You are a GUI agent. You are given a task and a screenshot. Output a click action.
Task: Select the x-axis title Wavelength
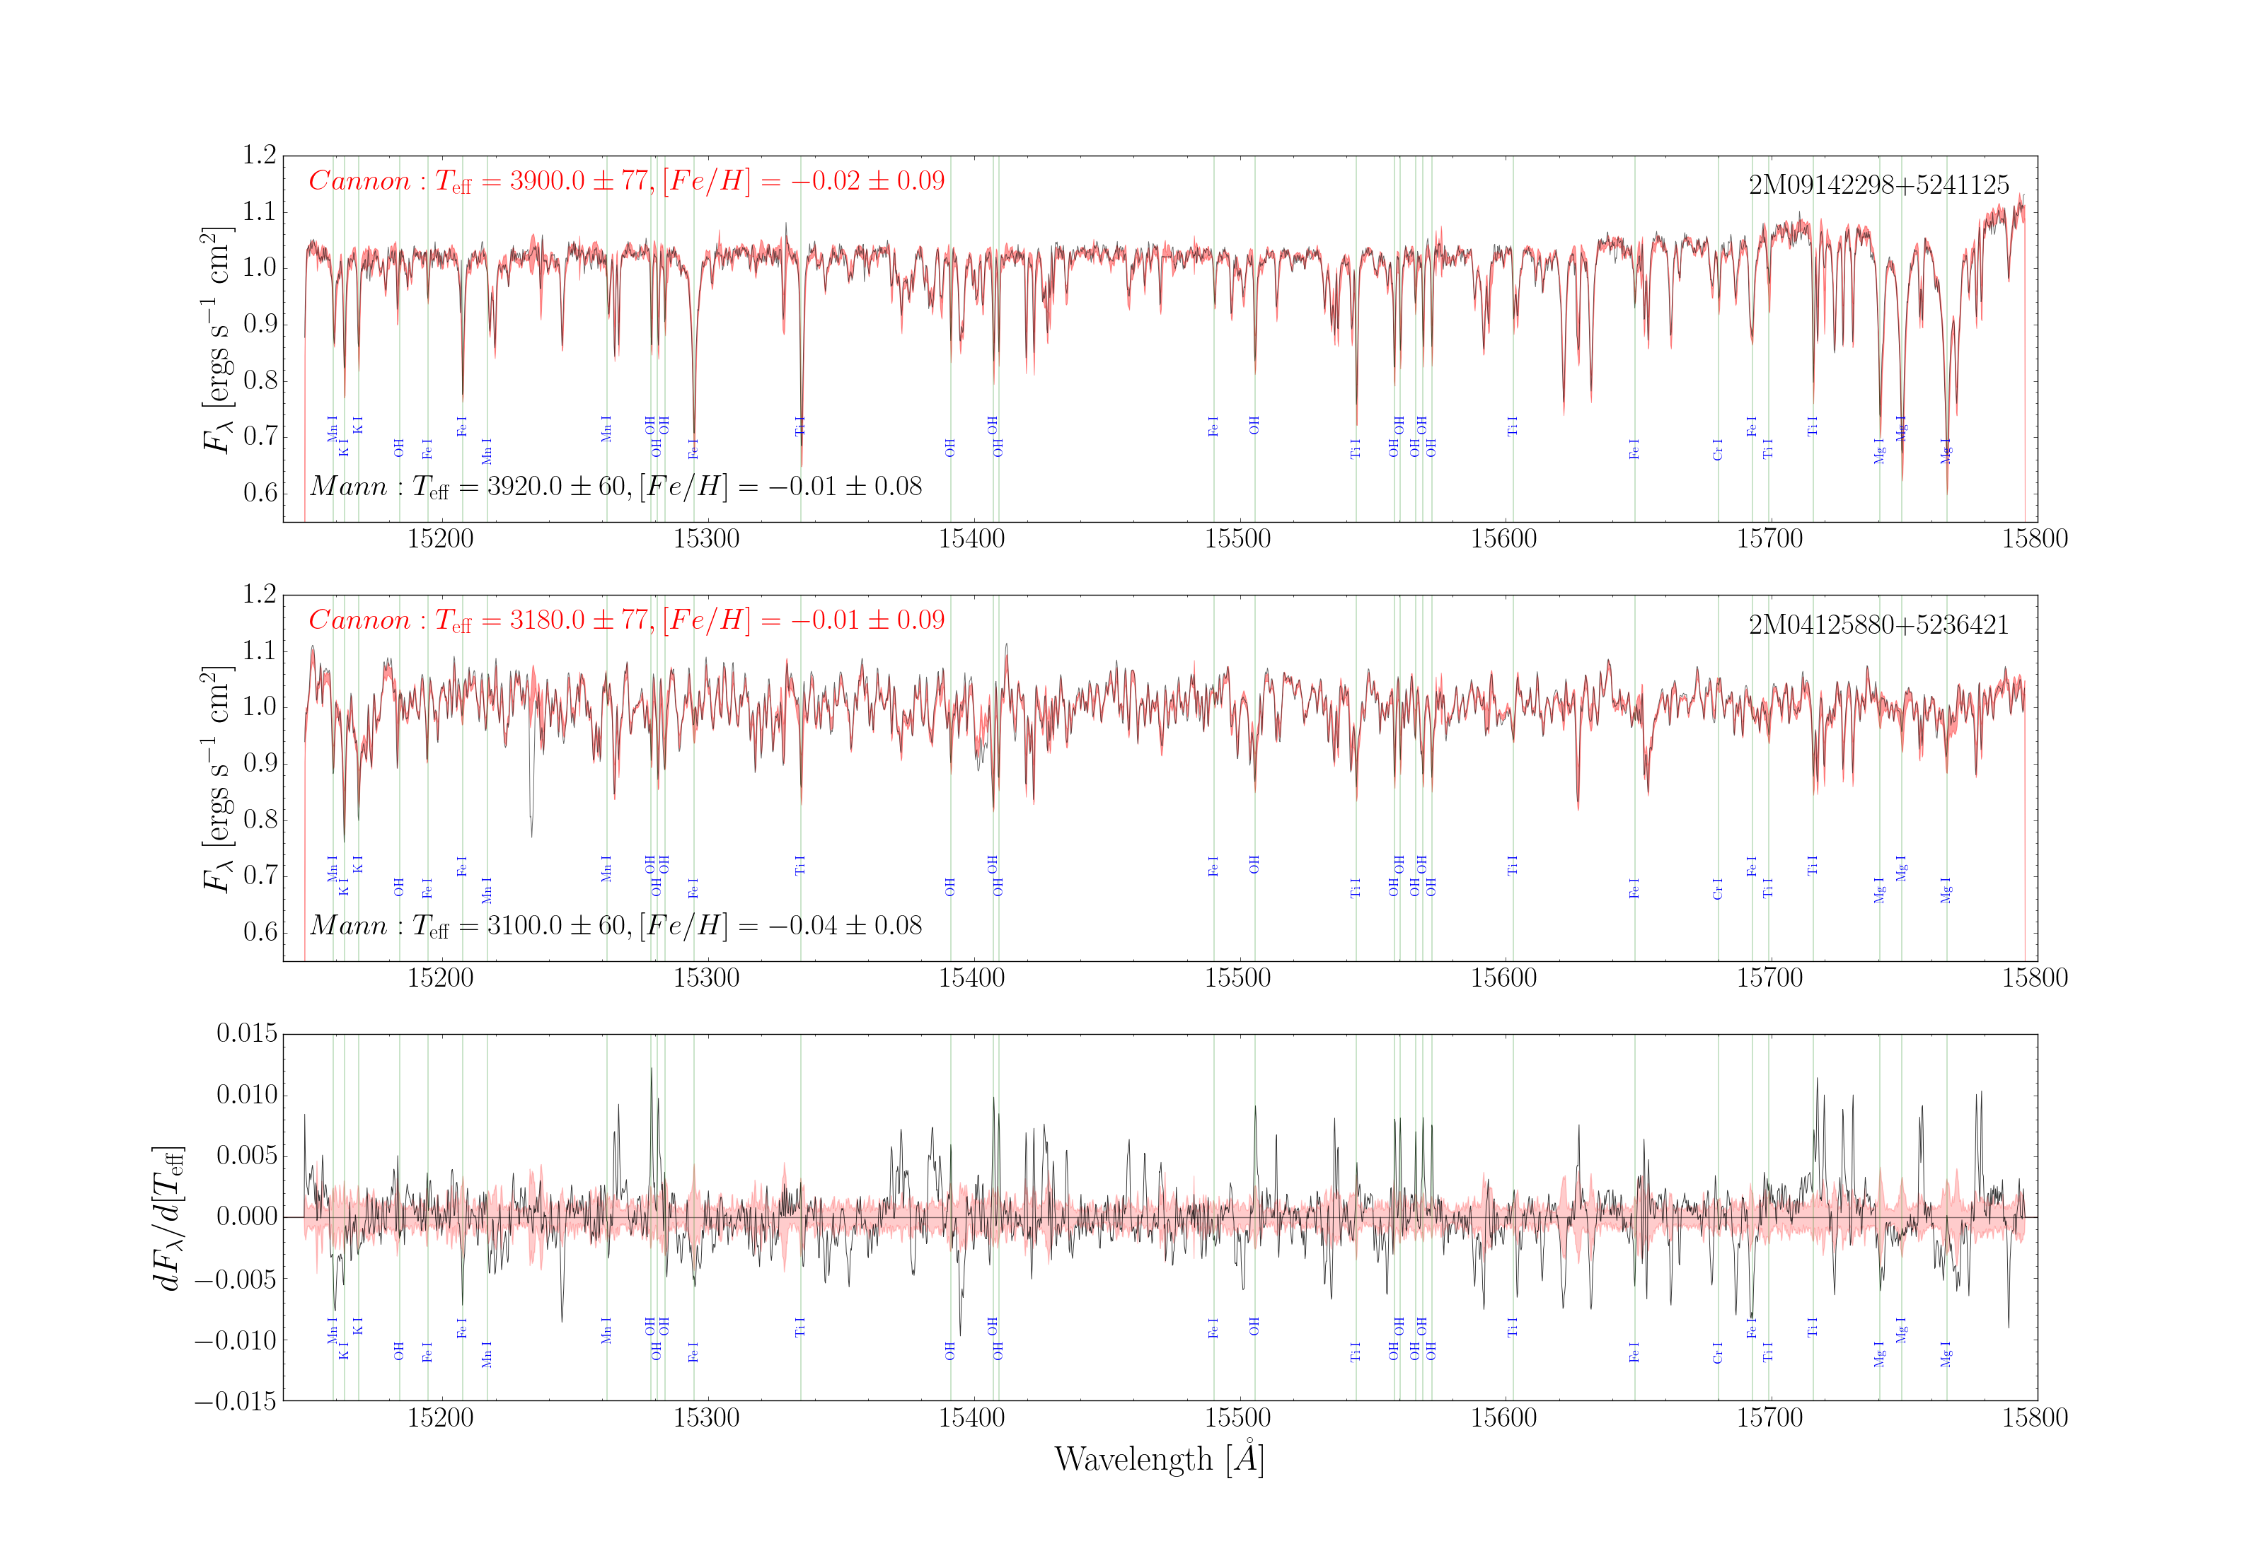1158,1460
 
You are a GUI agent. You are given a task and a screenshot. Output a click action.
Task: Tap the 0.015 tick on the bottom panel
247,1033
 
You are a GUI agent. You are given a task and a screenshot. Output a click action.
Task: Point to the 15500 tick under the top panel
1237,539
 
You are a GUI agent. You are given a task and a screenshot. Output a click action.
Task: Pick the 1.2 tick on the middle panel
260,595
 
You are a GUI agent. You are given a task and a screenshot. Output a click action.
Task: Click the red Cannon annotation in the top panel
626,181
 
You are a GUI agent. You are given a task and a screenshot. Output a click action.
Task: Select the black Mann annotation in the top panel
616,487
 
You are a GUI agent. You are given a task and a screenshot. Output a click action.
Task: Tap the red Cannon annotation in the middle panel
626,620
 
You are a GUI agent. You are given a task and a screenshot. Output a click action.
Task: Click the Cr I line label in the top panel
1717,449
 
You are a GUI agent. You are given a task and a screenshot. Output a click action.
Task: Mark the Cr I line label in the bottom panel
1717,1352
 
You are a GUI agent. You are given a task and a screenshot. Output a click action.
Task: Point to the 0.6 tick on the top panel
260,492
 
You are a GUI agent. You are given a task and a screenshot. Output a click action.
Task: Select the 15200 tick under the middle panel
440,978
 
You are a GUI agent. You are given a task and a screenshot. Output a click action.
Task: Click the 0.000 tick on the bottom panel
247,1217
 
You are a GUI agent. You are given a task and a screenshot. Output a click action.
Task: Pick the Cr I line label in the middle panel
1717,888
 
